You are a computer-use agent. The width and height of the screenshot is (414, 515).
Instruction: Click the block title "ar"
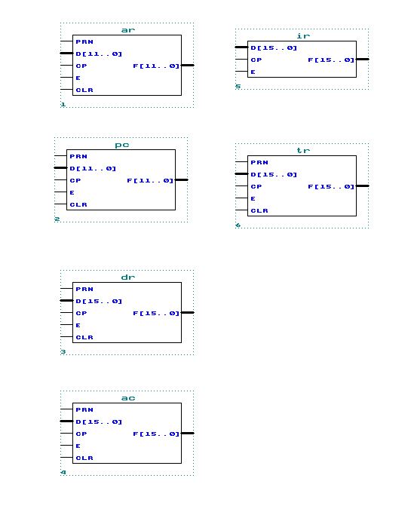[127, 30]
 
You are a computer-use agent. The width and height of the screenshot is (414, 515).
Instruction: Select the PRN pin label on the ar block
[84, 41]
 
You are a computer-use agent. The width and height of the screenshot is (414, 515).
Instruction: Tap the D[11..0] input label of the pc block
[93, 168]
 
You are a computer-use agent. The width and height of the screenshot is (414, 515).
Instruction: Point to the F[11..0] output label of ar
[156, 66]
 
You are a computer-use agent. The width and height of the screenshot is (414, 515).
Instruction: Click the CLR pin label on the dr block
[84, 337]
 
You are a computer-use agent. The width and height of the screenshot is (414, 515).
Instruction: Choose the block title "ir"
[303, 35]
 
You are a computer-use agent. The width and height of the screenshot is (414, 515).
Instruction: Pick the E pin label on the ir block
[253, 72]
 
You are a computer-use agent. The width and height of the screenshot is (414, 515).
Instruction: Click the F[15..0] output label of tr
[331, 186]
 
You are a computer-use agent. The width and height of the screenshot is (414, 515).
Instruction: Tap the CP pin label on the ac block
[81, 434]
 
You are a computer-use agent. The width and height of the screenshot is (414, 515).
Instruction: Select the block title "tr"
[303, 150]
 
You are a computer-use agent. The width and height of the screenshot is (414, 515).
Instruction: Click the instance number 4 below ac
[63, 472]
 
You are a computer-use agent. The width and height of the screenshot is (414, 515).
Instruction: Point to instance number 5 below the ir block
[238, 86]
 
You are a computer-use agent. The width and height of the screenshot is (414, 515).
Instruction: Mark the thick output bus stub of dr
[188, 312]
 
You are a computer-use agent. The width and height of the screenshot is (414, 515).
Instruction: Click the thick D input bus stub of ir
[241, 48]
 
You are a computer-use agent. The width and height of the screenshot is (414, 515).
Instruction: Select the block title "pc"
[122, 146]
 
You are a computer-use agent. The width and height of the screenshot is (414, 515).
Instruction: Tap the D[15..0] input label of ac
[99, 422]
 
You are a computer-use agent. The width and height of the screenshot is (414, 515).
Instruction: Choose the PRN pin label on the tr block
[259, 162]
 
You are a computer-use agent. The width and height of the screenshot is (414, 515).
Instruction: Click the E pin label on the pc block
[72, 192]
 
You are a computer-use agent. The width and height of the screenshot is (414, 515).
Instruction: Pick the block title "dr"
[127, 277]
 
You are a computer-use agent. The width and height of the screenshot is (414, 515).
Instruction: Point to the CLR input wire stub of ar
[66, 89]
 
